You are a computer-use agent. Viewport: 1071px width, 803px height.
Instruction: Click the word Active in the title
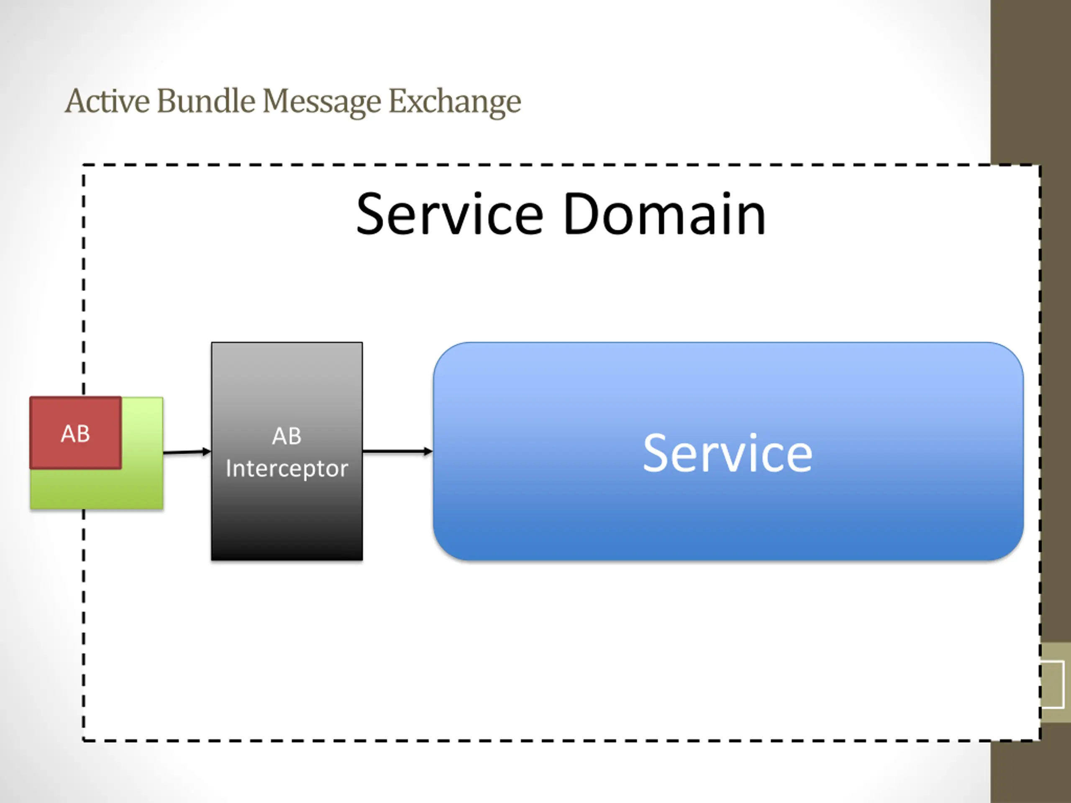pyautogui.click(x=107, y=101)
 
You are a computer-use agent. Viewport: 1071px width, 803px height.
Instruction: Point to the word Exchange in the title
pyautogui.click(x=455, y=102)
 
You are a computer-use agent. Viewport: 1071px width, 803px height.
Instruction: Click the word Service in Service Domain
pyautogui.click(x=450, y=214)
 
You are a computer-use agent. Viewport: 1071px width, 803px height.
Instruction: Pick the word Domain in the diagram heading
pyautogui.click(x=664, y=214)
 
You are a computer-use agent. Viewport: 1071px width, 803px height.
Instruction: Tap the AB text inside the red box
pyautogui.click(x=76, y=434)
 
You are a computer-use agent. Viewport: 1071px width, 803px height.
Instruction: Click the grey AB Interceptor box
pyautogui.click(x=287, y=451)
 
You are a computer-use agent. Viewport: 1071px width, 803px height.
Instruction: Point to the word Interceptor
pyautogui.click(x=287, y=468)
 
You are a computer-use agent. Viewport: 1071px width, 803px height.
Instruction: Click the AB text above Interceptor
pyautogui.click(x=287, y=436)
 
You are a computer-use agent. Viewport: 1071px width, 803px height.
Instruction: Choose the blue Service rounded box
pyautogui.click(x=728, y=451)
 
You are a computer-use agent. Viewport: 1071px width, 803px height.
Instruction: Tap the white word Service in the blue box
pyautogui.click(x=728, y=453)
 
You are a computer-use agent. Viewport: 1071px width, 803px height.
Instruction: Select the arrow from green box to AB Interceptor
pyautogui.click(x=187, y=452)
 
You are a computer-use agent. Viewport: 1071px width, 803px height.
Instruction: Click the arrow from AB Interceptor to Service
pyautogui.click(x=397, y=452)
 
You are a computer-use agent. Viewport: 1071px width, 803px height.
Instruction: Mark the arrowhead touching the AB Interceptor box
pyautogui.click(x=207, y=452)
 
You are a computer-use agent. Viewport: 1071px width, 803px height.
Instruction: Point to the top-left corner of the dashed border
pyautogui.click(x=83, y=165)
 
